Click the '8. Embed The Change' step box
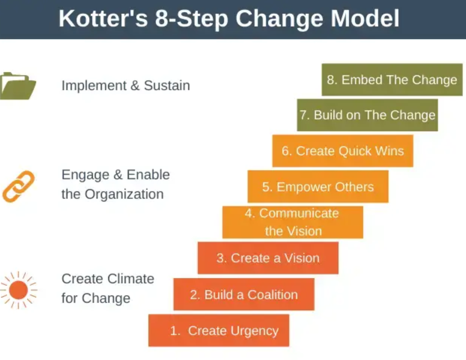392,79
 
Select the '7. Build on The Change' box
367,115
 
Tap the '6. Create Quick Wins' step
343,151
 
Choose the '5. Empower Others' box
318,187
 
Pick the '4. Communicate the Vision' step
293,222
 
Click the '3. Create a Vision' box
268,258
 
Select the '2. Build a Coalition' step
244,294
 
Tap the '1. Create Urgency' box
219,330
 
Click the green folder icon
18,86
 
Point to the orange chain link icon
18,187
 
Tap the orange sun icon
18,290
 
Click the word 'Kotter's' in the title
103,18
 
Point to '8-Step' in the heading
192,19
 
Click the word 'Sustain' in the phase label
167,85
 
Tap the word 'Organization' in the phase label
124,194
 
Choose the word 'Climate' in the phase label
131,279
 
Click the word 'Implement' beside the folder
94,86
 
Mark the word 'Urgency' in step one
254,331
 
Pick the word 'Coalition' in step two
272,295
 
